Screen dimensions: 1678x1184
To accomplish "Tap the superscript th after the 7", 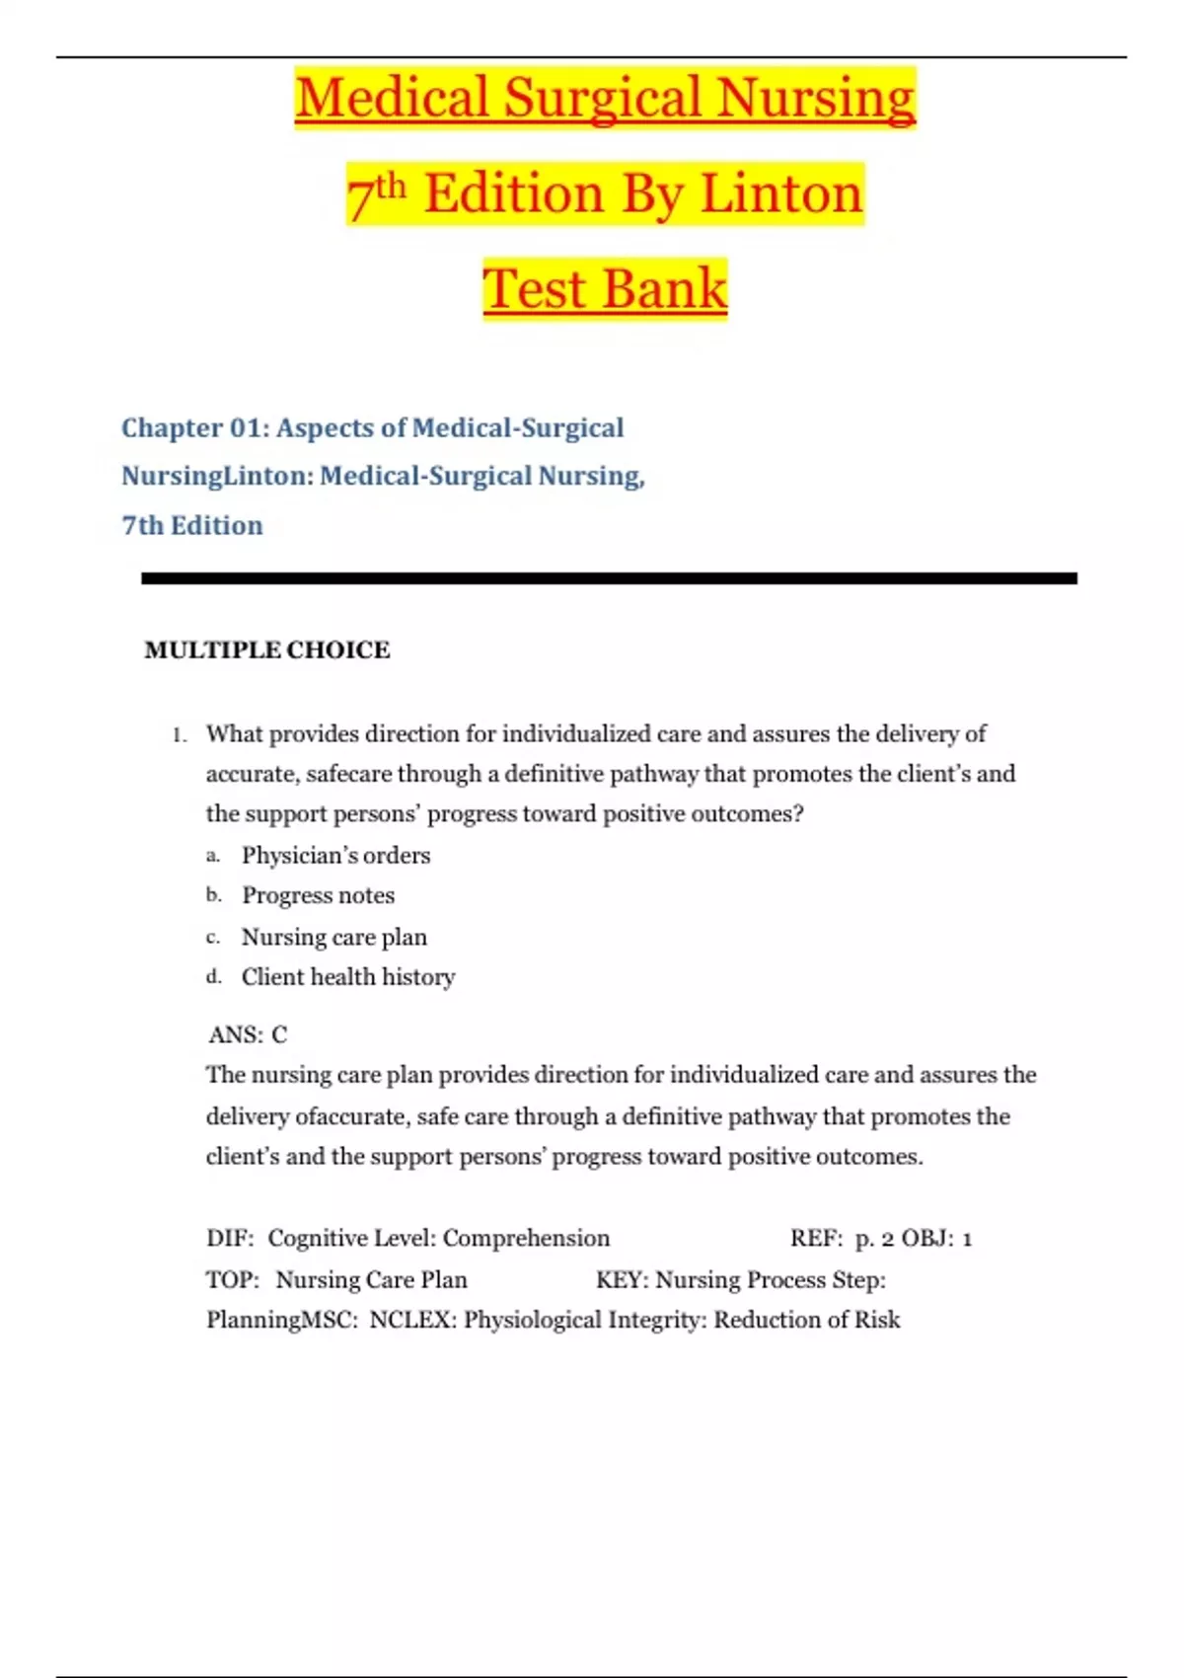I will coord(391,185).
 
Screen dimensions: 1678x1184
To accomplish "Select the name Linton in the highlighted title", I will coord(781,193).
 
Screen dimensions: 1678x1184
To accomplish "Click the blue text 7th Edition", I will coord(192,525).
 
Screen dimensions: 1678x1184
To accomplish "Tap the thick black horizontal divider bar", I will coord(609,578).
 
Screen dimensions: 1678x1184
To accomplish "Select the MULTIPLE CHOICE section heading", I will coord(267,649).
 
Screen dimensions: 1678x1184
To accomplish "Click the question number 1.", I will coord(179,735).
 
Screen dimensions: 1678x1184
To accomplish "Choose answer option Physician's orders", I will coord(335,855).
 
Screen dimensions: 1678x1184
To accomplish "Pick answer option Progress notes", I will coord(318,895).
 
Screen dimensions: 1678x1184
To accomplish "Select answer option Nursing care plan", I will coord(333,937).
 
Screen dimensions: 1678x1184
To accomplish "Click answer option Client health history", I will coord(348,977).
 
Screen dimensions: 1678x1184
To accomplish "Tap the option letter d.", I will coord(213,977).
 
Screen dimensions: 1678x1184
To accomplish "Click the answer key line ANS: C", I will coord(248,1034).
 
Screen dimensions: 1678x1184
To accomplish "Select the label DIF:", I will coord(230,1238).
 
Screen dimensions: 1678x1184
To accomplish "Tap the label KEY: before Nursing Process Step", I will coord(622,1280).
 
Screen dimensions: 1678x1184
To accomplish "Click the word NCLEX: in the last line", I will coord(412,1321).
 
